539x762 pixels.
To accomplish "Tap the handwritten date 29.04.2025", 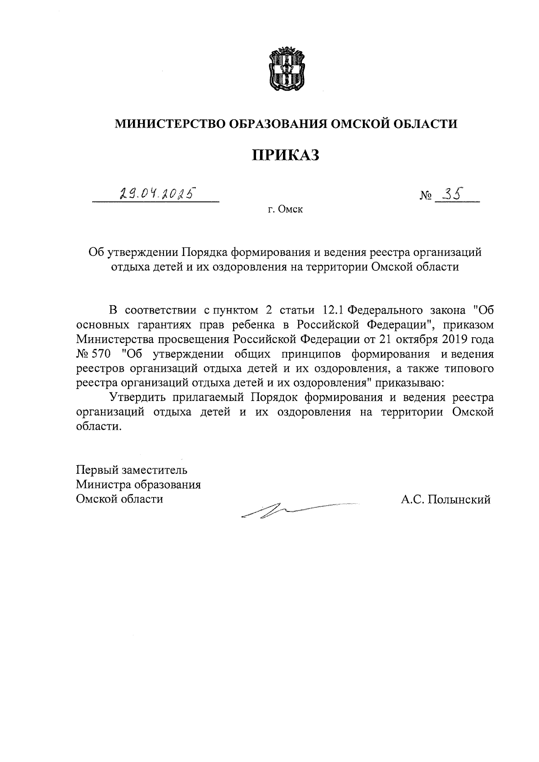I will [x=158, y=194].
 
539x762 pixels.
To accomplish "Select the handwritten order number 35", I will [x=453, y=193].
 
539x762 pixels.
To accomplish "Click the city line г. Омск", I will [x=285, y=209].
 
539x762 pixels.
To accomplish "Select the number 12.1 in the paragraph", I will [x=333, y=310].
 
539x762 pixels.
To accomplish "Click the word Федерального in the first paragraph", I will [x=385, y=310].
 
